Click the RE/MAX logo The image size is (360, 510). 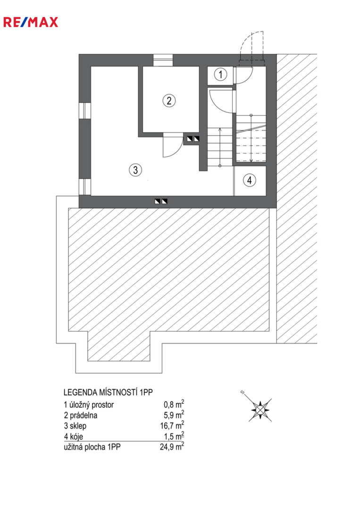point(31,22)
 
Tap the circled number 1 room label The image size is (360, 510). point(221,75)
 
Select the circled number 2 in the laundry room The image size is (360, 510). point(169,100)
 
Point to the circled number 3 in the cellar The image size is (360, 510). point(135,170)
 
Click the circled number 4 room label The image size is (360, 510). point(250,180)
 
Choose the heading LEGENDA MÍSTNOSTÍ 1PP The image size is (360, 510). point(108,392)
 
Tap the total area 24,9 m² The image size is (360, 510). point(172,447)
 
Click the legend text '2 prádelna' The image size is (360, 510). point(81,416)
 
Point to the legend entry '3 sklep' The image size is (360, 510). point(75,426)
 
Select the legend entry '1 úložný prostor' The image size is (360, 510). point(89,405)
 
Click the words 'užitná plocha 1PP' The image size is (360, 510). point(92,447)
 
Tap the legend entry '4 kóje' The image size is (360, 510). point(74,436)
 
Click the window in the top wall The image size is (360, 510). point(163,60)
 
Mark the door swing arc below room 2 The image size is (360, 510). point(173,145)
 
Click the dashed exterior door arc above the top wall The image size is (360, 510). point(251,45)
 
